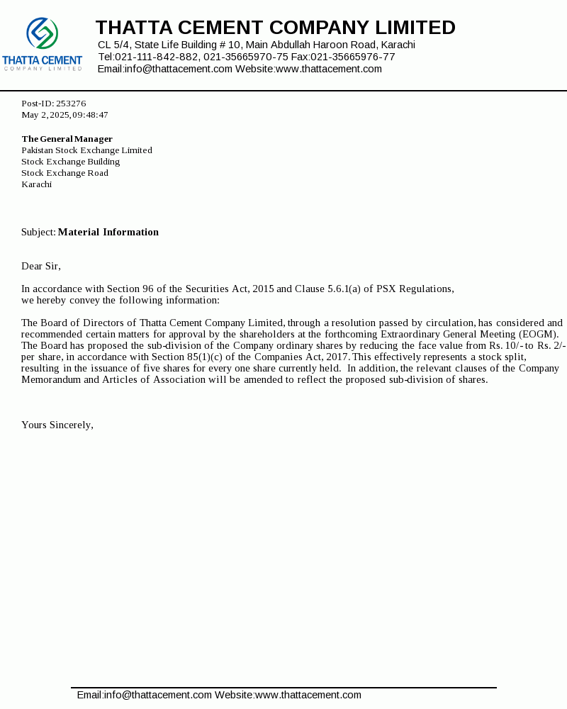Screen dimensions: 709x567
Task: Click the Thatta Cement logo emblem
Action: tap(43, 33)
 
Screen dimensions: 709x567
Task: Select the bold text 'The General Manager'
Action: tap(67, 139)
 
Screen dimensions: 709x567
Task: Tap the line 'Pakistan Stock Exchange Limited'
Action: tap(86, 150)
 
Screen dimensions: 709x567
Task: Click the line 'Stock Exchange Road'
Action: tap(64, 173)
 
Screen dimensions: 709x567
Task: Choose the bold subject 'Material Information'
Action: tap(108, 232)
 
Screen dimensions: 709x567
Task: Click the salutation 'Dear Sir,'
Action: tap(41, 266)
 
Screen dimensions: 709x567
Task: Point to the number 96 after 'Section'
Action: tap(147, 289)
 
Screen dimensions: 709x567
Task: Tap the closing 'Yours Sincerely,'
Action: tap(57, 425)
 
